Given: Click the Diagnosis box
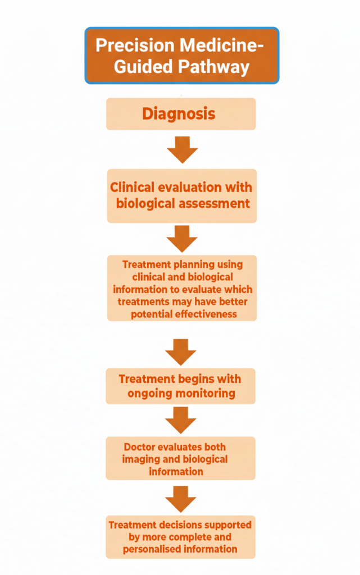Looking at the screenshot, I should [181, 114].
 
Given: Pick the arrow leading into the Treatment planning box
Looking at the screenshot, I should [182, 238].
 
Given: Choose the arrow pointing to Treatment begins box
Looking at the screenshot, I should [181, 351].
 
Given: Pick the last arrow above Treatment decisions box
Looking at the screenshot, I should [181, 498].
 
